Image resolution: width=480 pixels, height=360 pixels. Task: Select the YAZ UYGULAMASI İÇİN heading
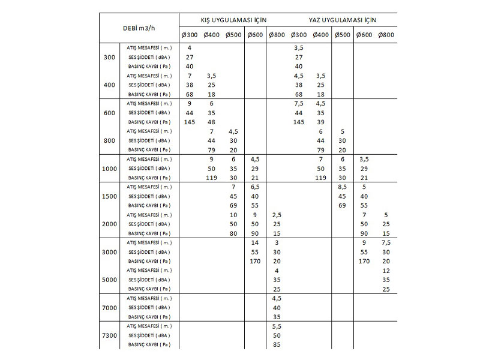pyautogui.click(x=342, y=20)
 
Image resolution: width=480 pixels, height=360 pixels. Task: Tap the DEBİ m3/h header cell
pyautogui.click(x=139, y=28)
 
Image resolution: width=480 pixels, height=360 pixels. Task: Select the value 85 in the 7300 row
pyautogui.click(x=277, y=344)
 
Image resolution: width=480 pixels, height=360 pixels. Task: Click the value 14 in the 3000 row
pyautogui.click(x=254, y=242)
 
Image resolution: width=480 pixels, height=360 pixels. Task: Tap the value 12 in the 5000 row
pyautogui.click(x=386, y=270)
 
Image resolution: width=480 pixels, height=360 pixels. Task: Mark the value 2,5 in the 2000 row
pyautogui.click(x=277, y=214)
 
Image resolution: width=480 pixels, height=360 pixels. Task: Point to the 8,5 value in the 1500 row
pyautogui.click(x=343, y=187)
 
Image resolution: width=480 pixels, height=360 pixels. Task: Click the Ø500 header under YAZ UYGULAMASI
pyautogui.click(x=343, y=35)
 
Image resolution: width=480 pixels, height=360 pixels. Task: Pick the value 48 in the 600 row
pyautogui.click(x=211, y=122)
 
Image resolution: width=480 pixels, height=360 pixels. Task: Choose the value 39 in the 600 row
pyautogui.click(x=320, y=122)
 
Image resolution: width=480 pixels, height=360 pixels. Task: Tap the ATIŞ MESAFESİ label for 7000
pyautogui.click(x=149, y=298)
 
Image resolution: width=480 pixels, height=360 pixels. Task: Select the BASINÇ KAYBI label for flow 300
pyautogui.click(x=149, y=66)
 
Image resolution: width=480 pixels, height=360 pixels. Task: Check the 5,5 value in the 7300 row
pyautogui.click(x=277, y=326)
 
